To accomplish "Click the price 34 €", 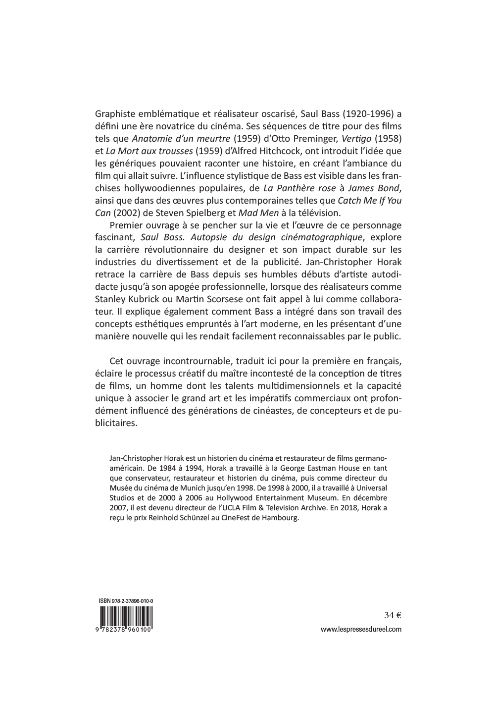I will (392, 616).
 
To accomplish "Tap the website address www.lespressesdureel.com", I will (361, 630).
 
